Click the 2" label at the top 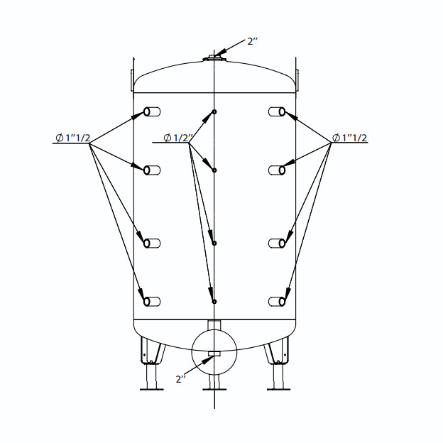pyautogui.click(x=252, y=41)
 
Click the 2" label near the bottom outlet pyautogui.click(x=181, y=379)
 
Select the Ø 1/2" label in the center pyautogui.click(x=178, y=138)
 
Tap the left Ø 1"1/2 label pyautogui.click(x=73, y=138)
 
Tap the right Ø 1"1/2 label pyautogui.click(x=350, y=138)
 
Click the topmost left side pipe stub pyautogui.click(x=152, y=111)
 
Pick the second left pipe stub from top pyautogui.click(x=152, y=170)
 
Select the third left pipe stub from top pyautogui.click(x=152, y=244)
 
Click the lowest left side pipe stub pyautogui.click(x=152, y=302)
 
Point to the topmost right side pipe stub pyautogui.click(x=277, y=111)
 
